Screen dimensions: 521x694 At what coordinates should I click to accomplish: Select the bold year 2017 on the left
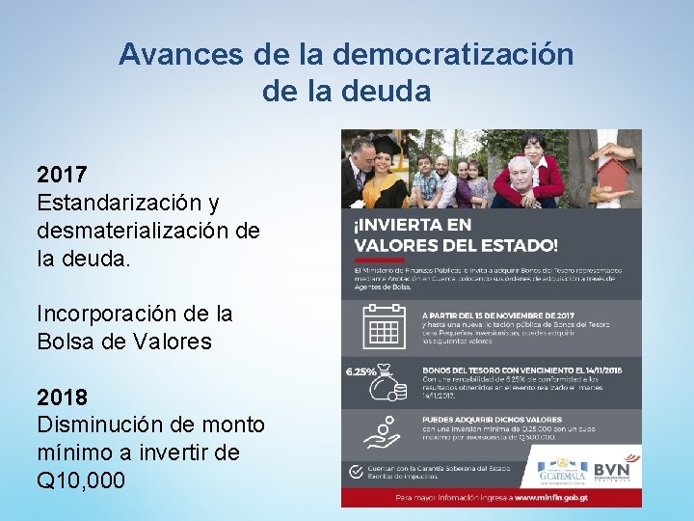63,176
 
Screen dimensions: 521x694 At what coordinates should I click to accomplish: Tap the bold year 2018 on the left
63,398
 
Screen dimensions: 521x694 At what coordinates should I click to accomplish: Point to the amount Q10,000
81,480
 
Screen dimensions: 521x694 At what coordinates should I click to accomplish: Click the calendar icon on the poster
383,326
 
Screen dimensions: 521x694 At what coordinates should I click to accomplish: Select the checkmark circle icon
355,470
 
